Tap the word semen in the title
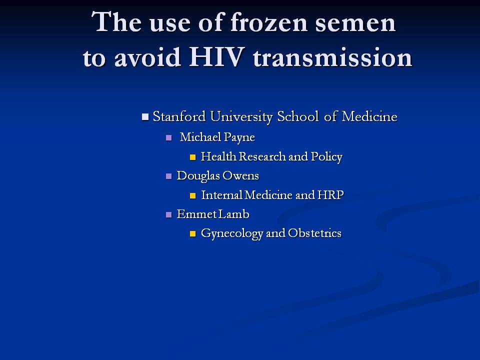coord(355,24)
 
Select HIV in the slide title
coord(216,57)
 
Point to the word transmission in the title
coord(333,57)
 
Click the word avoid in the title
coord(147,57)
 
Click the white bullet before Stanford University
coord(145,116)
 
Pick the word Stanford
coord(179,116)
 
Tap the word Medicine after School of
coord(369,116)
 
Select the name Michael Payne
coord(217,137)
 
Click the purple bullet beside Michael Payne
coord(168,138)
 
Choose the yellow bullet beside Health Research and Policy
coord(192,157)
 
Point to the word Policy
coord(326,156)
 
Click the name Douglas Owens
coord(218,175)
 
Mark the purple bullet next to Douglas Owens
coord(168,176)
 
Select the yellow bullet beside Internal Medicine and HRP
coord(192,195)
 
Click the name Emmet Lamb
coord(213,214)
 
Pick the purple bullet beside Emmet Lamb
coord(168,214)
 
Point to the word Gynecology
coord(231,233)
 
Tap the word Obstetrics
coord(314,233)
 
